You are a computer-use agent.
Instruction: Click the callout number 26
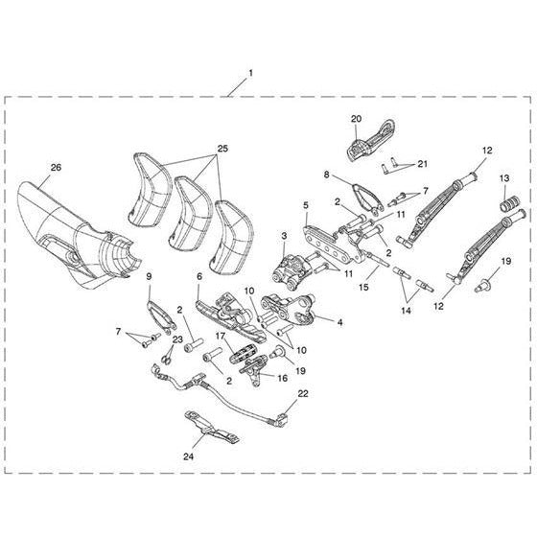[57, 168]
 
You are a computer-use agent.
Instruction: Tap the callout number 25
[222, 149]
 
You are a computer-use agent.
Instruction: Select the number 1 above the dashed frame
[251, 73]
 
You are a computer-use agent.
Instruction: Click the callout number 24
[188, 456]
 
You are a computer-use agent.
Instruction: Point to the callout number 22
[303, 393]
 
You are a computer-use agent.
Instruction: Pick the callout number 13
[504, 178]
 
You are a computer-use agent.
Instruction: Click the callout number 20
[356, 119]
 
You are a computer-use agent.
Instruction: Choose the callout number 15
[363, 287]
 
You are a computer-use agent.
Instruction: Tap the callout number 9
[149, 276]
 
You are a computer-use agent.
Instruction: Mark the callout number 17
[221, 337]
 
